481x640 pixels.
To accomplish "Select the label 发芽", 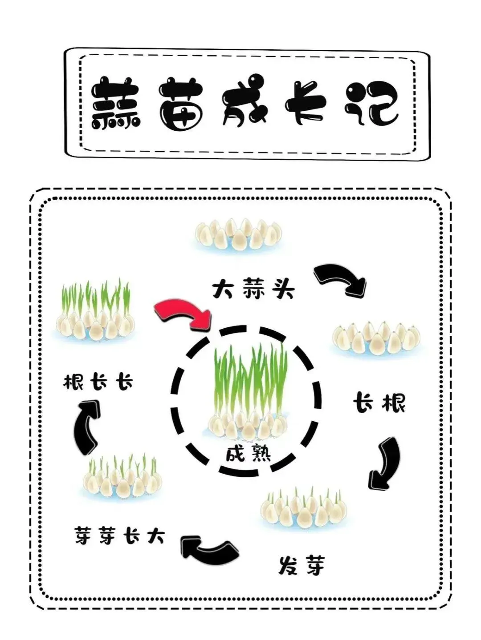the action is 302,566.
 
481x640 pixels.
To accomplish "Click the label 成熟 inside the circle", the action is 248,454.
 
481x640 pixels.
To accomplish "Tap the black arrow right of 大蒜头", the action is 341,280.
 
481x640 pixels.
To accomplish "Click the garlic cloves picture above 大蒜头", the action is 239,234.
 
